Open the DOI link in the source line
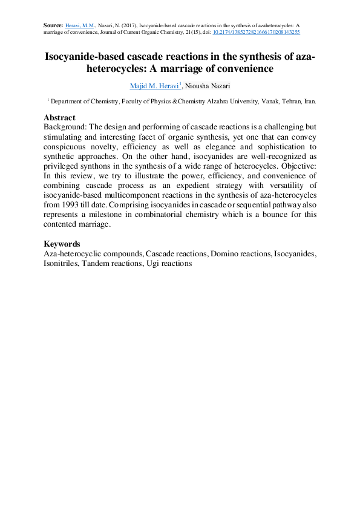(x=257, y=32)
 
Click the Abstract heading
(x=60, y=117)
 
